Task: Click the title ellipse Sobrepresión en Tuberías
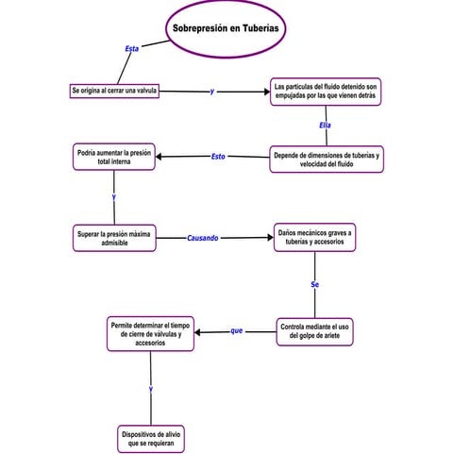(226, 29)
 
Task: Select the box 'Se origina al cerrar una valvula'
(114, 91)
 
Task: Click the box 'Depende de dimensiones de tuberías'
(326, 159)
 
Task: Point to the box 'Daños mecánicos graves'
(314, 237)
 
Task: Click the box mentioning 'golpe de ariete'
(315, 331)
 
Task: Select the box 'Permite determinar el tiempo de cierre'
(150, 333)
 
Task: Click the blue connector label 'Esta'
(132, 47)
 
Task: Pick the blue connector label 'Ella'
(325, 125)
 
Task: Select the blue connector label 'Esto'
(218, 156)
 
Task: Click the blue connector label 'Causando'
(202, 238)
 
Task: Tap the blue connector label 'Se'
(314, 283)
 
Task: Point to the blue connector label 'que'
(236, 330)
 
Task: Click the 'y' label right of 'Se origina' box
(211, 92)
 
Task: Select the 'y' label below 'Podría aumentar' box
(113, 196)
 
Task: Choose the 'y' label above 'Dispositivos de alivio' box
(150, 388)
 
